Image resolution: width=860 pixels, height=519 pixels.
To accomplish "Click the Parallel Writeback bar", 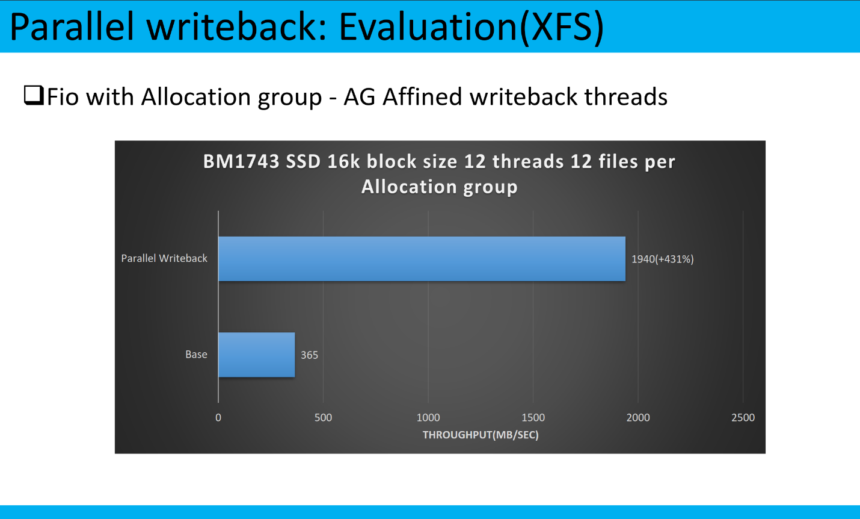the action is [x=422, y=259].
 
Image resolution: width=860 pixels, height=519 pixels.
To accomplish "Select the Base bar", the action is [x=256, y=355].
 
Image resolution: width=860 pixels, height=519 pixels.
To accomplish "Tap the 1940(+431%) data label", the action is [x=663, y=259].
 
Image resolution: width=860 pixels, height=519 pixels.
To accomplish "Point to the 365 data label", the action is [x=309, y=355].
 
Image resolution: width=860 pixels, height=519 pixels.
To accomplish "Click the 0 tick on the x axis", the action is [x=218, y=417].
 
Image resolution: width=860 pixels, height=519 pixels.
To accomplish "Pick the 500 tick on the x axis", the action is [x=323, y=417].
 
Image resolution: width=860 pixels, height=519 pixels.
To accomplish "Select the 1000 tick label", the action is [x=428, y=417].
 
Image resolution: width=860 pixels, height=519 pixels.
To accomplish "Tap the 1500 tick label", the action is [x=533, y=417].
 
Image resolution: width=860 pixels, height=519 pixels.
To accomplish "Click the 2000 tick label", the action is [x=638, y=417].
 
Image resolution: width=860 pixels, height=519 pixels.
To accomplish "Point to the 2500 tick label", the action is [x=743, y=417].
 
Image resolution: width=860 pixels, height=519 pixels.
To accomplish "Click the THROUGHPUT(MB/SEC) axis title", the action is [x=481, y=435].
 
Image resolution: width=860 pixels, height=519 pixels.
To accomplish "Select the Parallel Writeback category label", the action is [x=164, y=258].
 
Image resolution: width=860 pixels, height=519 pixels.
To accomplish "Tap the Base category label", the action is [x=196, y=355].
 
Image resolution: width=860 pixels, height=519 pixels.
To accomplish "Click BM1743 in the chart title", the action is [x=241, y=161].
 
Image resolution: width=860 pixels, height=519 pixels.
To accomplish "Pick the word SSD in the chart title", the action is [x=303, y=161].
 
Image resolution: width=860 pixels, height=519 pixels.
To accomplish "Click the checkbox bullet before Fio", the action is [x=34, y=95].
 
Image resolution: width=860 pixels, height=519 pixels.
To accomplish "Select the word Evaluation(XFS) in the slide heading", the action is [x=471, y=27].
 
